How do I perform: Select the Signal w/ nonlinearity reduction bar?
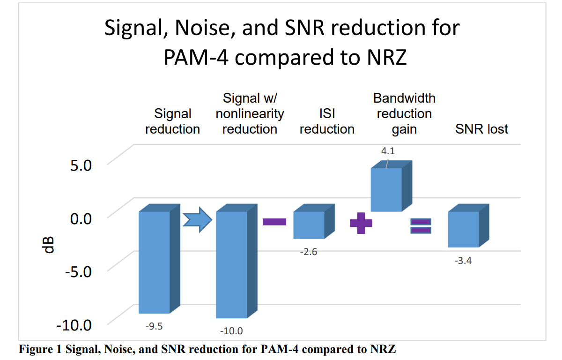pyautogui.click(x=231, y=264)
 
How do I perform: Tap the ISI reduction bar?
pyautogui.click(x=309, y=225)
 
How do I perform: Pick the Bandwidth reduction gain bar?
pyautogui.click(x=386, y=190)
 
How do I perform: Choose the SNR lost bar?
pyautogui.click(x=463, y=229)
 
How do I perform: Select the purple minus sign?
pyautogui.click(x=274, y=222)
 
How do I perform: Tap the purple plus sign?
pyautogui.click(x=361, y=223)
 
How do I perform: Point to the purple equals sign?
pyautogui.click(x=421, y=226)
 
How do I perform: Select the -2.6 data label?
pyautogui.click(x=309, y=252)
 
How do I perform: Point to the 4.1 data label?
pyautogui.click(x=389, y=151)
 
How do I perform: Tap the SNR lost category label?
pyautogui.click(x=481, y=129)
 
